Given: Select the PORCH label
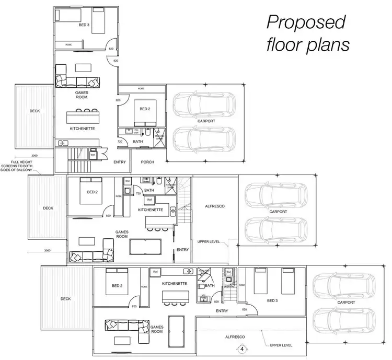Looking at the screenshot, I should [148, 162].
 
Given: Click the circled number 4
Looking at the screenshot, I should [242, 349].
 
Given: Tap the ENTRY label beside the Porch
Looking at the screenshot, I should [120, 162].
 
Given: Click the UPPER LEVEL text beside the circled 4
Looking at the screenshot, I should [281, 345].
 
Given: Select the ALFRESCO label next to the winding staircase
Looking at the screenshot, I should [214, 206].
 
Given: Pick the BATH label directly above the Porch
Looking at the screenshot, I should [138, 141].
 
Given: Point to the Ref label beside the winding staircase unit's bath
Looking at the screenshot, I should [149, 200].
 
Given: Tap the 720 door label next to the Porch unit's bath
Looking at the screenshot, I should [120, 142].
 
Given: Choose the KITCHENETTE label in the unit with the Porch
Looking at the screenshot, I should [82, 128].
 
